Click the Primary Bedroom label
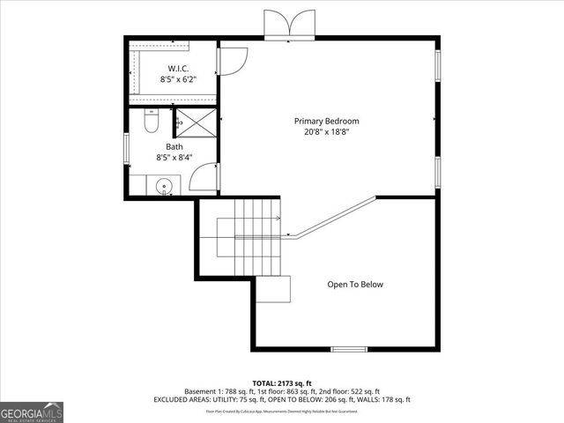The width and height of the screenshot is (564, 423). tap(326, 121)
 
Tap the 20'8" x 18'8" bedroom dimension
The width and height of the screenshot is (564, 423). tap(326, 133)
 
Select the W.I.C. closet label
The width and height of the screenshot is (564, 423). tap(178, 68)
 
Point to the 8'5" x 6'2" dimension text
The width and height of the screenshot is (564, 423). tap(178, 79)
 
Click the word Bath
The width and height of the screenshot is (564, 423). tap(174, 147)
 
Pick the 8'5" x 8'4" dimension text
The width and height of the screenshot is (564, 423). tap(174, 159)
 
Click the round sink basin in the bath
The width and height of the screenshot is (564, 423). tap(163, 186)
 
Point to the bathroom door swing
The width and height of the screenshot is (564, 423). tap(203, 177)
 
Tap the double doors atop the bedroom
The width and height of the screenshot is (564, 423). tap(289, 24)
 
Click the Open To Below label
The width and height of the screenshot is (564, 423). tap(355, 285)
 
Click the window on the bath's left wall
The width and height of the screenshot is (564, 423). tap(127, 146)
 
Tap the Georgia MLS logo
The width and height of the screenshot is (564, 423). tap(32, 412)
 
